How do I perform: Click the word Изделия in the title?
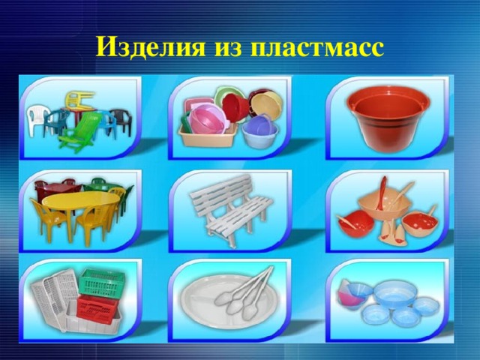150,46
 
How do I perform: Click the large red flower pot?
388,119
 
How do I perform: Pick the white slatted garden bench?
230,209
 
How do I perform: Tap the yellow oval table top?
81,200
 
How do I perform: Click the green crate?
102,282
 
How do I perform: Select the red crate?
97,307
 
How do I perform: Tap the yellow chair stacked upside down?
79,100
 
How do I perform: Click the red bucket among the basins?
235,107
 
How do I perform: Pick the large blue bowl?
393,293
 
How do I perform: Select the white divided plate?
229,301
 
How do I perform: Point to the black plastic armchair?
121,121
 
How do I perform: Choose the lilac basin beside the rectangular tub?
260,132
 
